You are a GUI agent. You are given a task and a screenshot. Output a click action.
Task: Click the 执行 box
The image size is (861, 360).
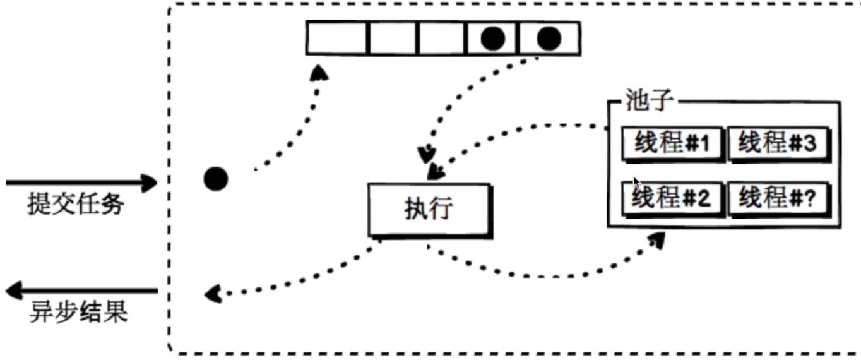[x=429, y=210]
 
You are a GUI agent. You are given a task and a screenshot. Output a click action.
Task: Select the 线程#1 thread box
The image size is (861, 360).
[x=672, y=145]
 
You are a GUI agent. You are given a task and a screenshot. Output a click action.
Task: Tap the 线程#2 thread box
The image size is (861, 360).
[x=672, y=200]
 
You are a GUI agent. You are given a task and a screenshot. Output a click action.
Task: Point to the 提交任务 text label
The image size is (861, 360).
[x=76, y=205]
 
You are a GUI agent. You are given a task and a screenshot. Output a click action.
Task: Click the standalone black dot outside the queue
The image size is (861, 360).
[x=215, y=179]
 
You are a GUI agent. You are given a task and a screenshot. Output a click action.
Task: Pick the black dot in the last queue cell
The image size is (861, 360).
[x=549, y=39]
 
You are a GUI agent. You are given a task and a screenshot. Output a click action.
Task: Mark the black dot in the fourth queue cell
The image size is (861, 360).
[x=493, y=39]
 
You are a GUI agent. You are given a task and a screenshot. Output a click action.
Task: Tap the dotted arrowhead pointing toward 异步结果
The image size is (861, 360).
[x=213, y=292]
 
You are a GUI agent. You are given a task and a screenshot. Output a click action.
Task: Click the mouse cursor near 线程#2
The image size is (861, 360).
[x=637, y=183]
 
